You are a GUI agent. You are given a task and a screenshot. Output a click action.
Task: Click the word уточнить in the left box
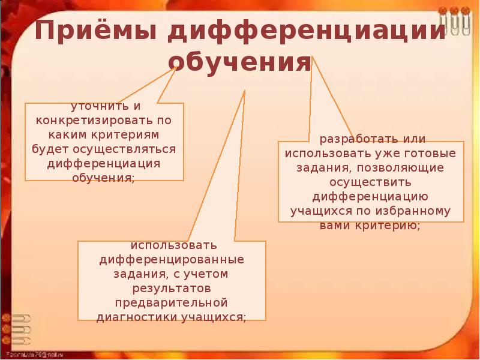pos(97,106)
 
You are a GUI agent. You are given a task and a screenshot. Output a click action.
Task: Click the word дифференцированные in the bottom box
pos(172,260)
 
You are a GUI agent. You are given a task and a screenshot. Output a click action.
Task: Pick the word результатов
pos(172,289)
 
